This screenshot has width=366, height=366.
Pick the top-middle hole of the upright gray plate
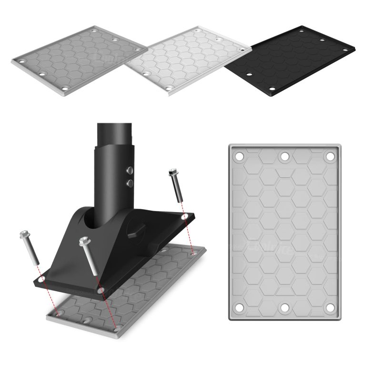coord(285,156)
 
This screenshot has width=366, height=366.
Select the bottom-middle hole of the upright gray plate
coord(285,308)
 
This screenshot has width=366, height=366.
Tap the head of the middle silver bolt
coord(84,241)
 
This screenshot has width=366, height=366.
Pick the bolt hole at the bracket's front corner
coord(101,289)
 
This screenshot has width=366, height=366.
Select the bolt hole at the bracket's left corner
coord(42,278)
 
